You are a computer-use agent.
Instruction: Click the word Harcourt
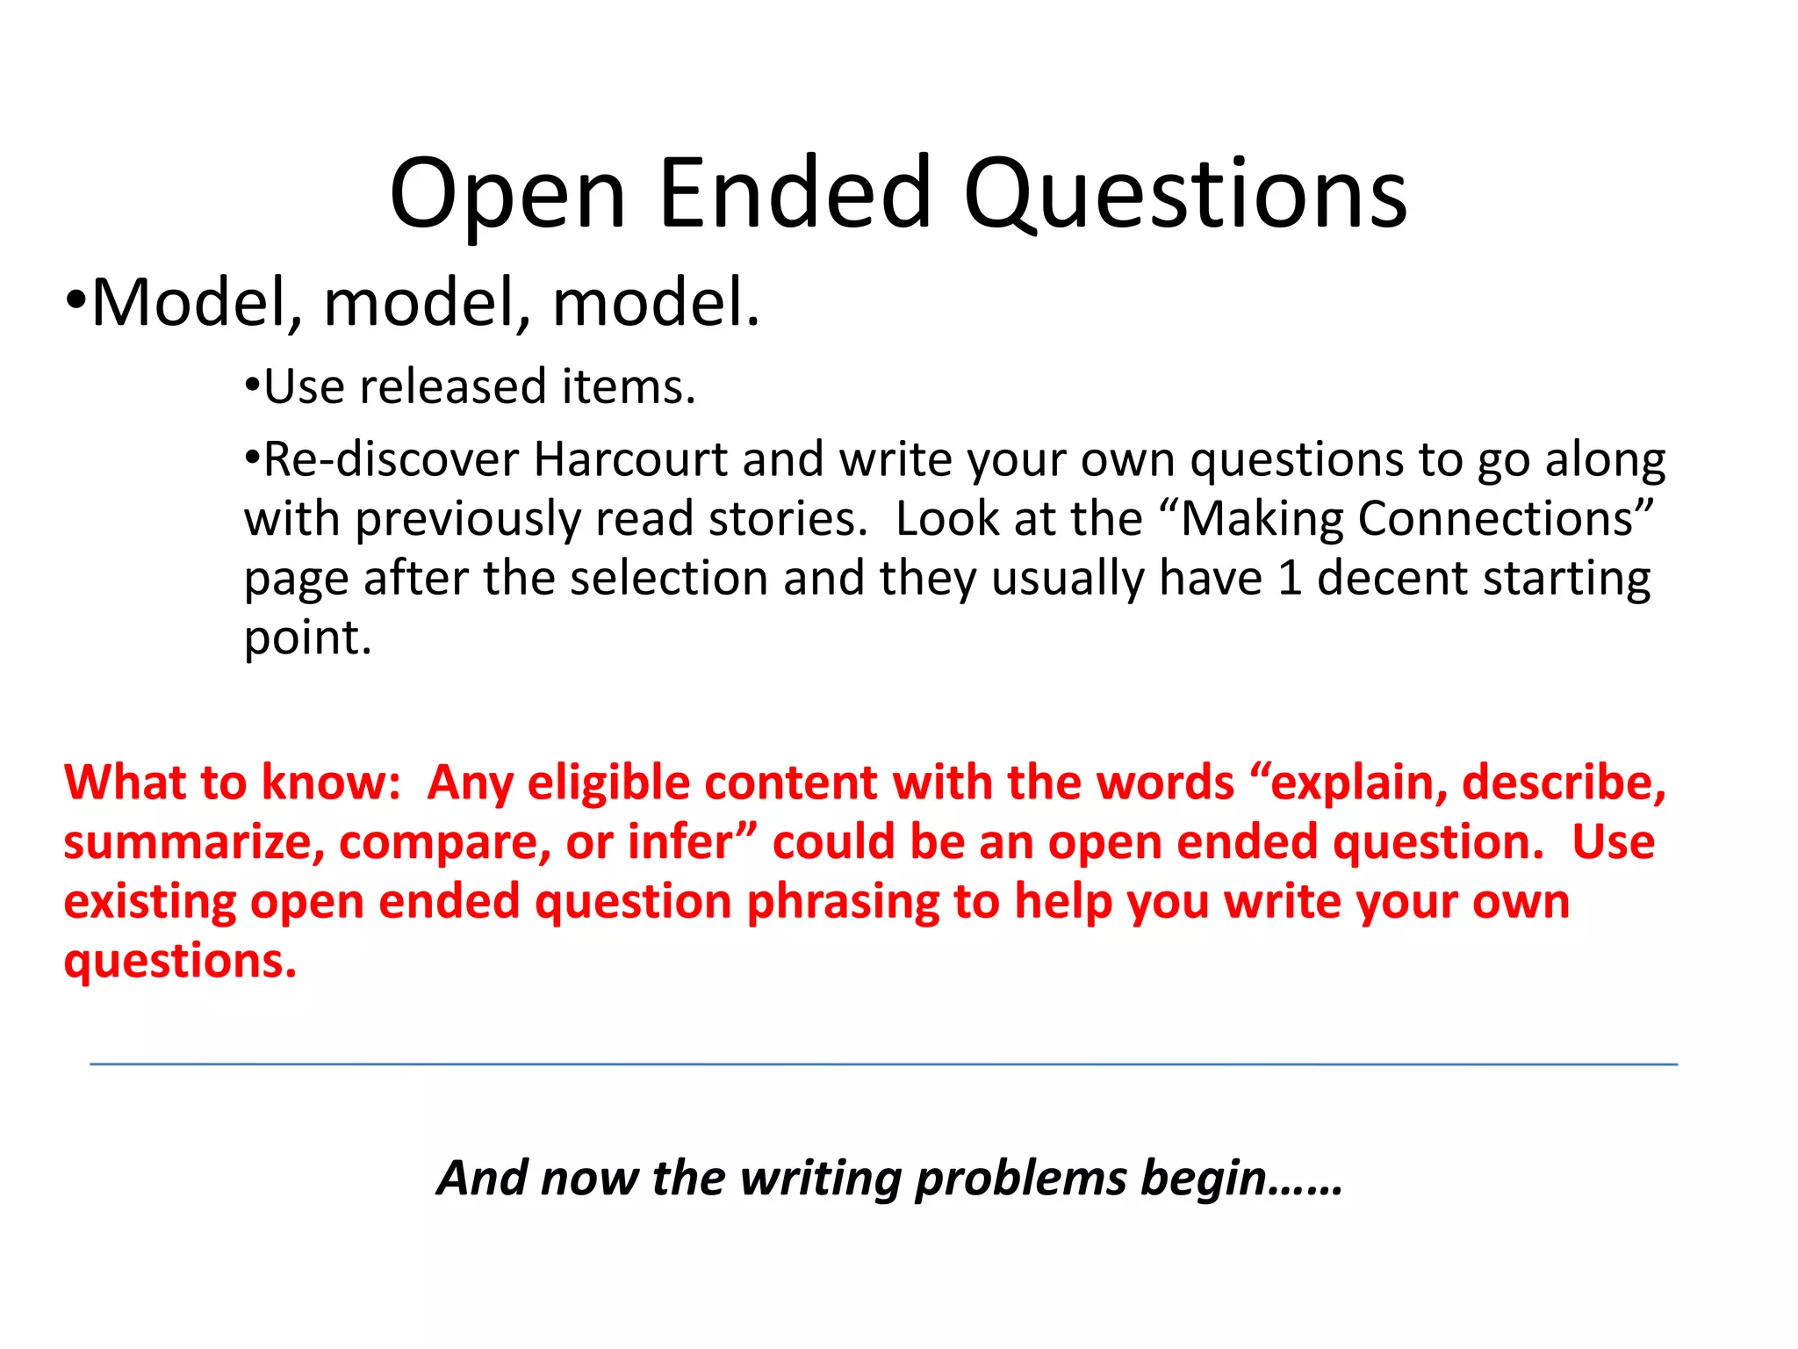[x=630, y=459]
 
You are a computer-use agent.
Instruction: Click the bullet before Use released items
[x=253, y=386]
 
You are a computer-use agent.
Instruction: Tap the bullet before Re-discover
[x=253, y=458]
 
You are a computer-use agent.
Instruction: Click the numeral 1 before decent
[x=1289, y=579]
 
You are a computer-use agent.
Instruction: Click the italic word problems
[x=1020, y=1179]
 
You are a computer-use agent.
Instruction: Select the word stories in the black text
[x=783, y=519]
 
